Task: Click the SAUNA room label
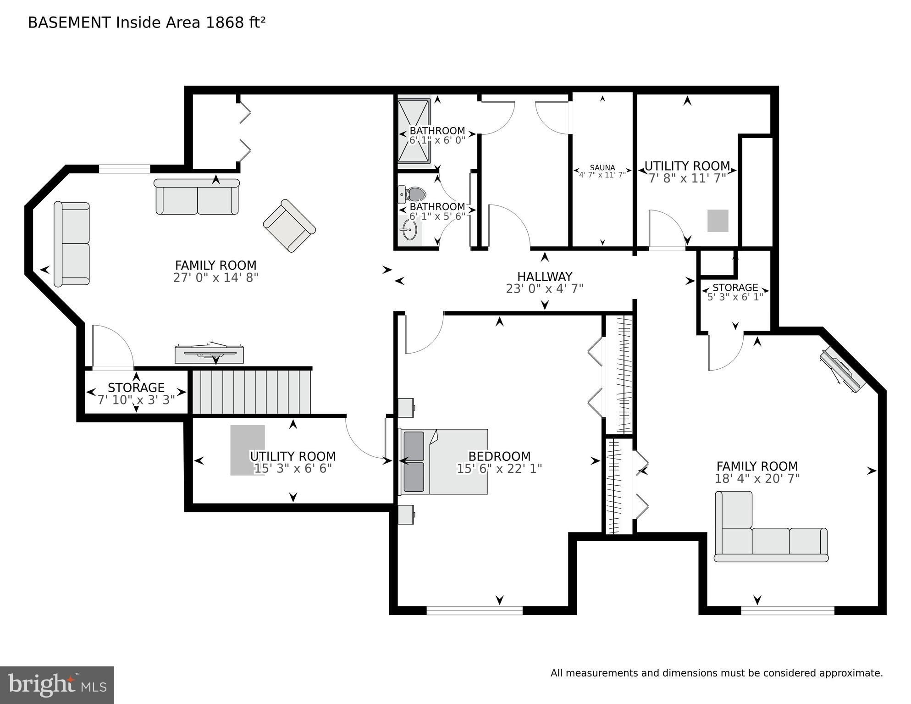(602, 168)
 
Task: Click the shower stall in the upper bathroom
(414, 131)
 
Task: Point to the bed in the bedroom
(444, 461)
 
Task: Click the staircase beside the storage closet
(251, 392)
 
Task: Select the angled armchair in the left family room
(289, 226)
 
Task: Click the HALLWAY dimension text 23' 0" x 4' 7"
(544, 288)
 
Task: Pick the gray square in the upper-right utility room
(718, 221)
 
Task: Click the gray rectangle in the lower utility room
(248, 450)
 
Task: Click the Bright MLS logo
(57, 685)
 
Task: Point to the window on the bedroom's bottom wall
(475, 610)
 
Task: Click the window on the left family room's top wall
(125, 169)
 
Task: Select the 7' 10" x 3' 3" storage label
(136, 400)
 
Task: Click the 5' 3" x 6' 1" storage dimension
(735, 297)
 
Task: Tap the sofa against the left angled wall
(72, 244)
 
